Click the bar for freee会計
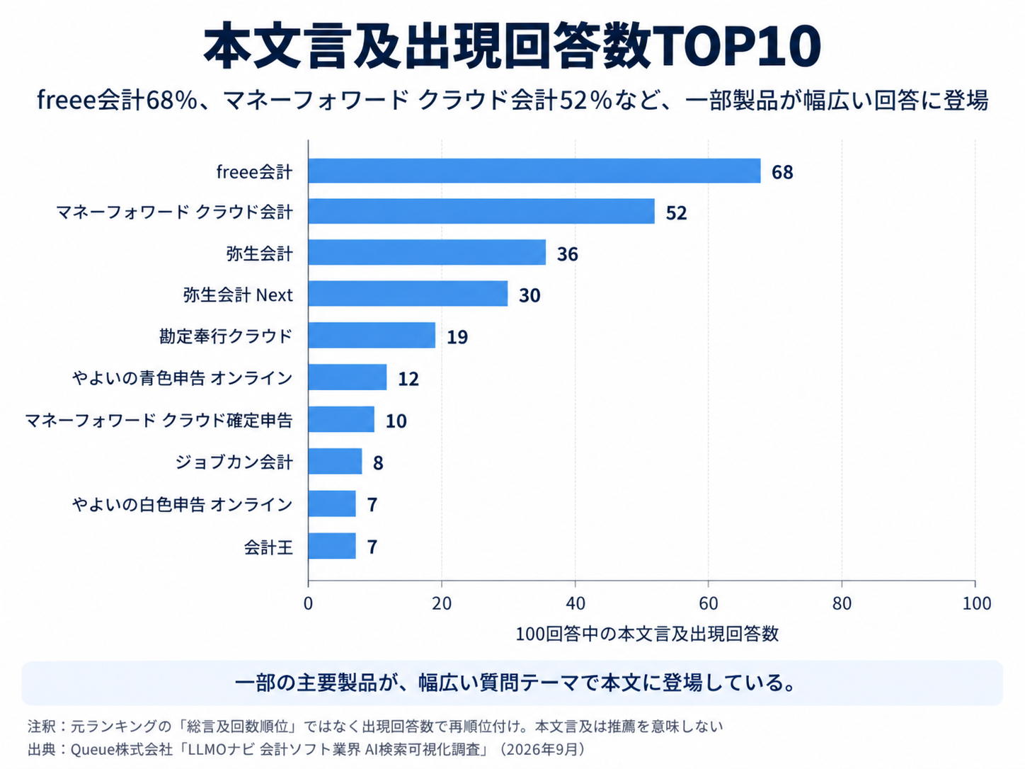(534, 171)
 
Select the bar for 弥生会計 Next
(408, 294)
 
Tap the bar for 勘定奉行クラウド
(372, 335)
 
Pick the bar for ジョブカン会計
(335, 461)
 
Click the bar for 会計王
(332, 546)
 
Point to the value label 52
(676, 213)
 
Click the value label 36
(568, 254)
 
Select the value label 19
(457, 337)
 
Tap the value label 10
(396, 421)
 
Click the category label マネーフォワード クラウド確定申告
(159, 420)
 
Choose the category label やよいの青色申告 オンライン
(183, 377)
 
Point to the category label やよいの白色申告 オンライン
(183, 504)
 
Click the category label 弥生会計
(260, 254)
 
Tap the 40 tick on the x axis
(576, 604)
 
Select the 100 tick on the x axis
(976, 604)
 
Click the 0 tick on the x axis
(308, 604)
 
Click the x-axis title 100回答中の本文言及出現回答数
(647, 634)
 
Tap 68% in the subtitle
(171, 100)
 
